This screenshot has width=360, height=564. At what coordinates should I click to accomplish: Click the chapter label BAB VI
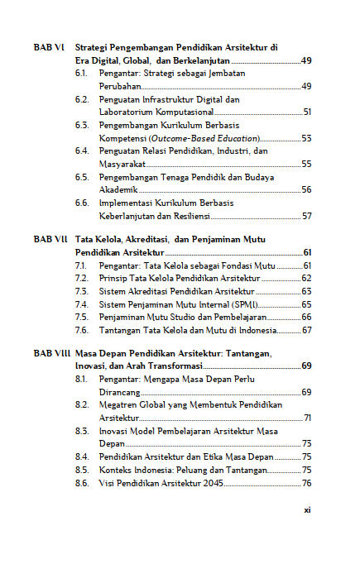coord(50,48)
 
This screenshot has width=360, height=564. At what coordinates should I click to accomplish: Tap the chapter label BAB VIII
coord(52,353)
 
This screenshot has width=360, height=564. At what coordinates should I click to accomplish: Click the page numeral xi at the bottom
coord(306,510)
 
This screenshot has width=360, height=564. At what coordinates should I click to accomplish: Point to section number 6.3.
coord(81,125)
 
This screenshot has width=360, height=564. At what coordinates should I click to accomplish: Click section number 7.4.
coord(81,304)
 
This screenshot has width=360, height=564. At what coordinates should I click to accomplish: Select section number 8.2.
coord(81,404)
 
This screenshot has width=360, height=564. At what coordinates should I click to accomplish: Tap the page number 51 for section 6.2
coord(306,112)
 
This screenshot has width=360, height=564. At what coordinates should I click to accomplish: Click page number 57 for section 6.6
coord(306,216)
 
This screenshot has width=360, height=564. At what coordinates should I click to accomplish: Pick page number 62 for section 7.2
coord(306,278)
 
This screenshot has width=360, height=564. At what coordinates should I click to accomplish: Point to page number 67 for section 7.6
coord(306,330)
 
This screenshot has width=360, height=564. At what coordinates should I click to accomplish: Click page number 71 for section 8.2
coord(307,418)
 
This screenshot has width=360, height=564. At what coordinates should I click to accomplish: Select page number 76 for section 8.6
coord(306,482)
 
